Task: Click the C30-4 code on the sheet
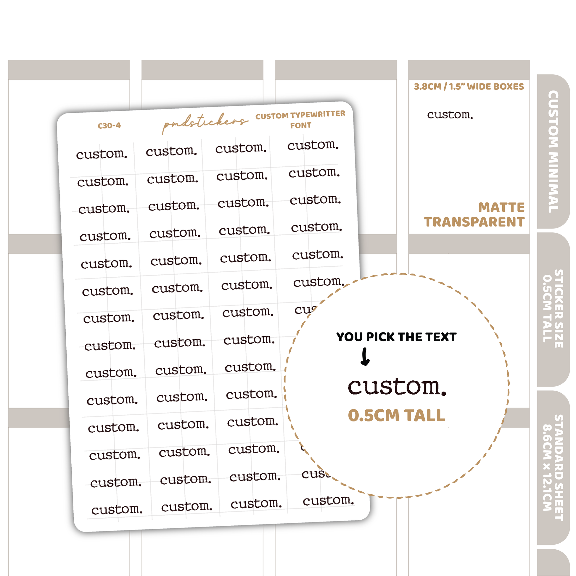[x=109, y=126]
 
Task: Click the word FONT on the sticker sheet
[x=301, y=125]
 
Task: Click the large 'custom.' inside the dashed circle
[x=397, y=387]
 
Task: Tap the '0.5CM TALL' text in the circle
[x=397, y=415]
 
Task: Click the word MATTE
[x=501, y=207]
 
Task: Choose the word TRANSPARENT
[x=474, y=222]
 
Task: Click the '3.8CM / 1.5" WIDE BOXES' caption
[x=469, y=86]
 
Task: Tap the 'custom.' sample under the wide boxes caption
[x=450, y=115]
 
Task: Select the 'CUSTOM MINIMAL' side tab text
[x=553, y=152]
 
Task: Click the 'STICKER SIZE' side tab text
[x=559, y=308]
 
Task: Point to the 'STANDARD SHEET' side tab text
[x=559, y=467]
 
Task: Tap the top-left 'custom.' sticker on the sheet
[x=102, y=154]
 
